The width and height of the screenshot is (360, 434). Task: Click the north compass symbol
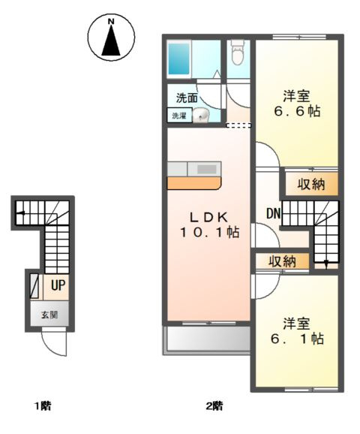(x=111, y=39)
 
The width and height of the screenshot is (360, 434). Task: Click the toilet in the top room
(x=237, y=53)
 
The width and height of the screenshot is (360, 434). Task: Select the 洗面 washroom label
(x=187, y=98)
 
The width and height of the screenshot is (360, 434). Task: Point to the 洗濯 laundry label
(x=180, y=116)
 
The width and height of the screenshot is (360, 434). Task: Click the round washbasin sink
(x=201, y=116)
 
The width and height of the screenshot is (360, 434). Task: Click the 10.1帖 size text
(x=208, y=233)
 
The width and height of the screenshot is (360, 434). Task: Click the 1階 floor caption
(x=42, y=407)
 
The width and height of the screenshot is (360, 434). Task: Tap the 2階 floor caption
(x=214, y=407)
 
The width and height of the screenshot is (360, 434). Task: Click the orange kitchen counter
(x=193, y=182)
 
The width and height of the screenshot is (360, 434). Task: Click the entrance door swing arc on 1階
(x=54, y=344)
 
